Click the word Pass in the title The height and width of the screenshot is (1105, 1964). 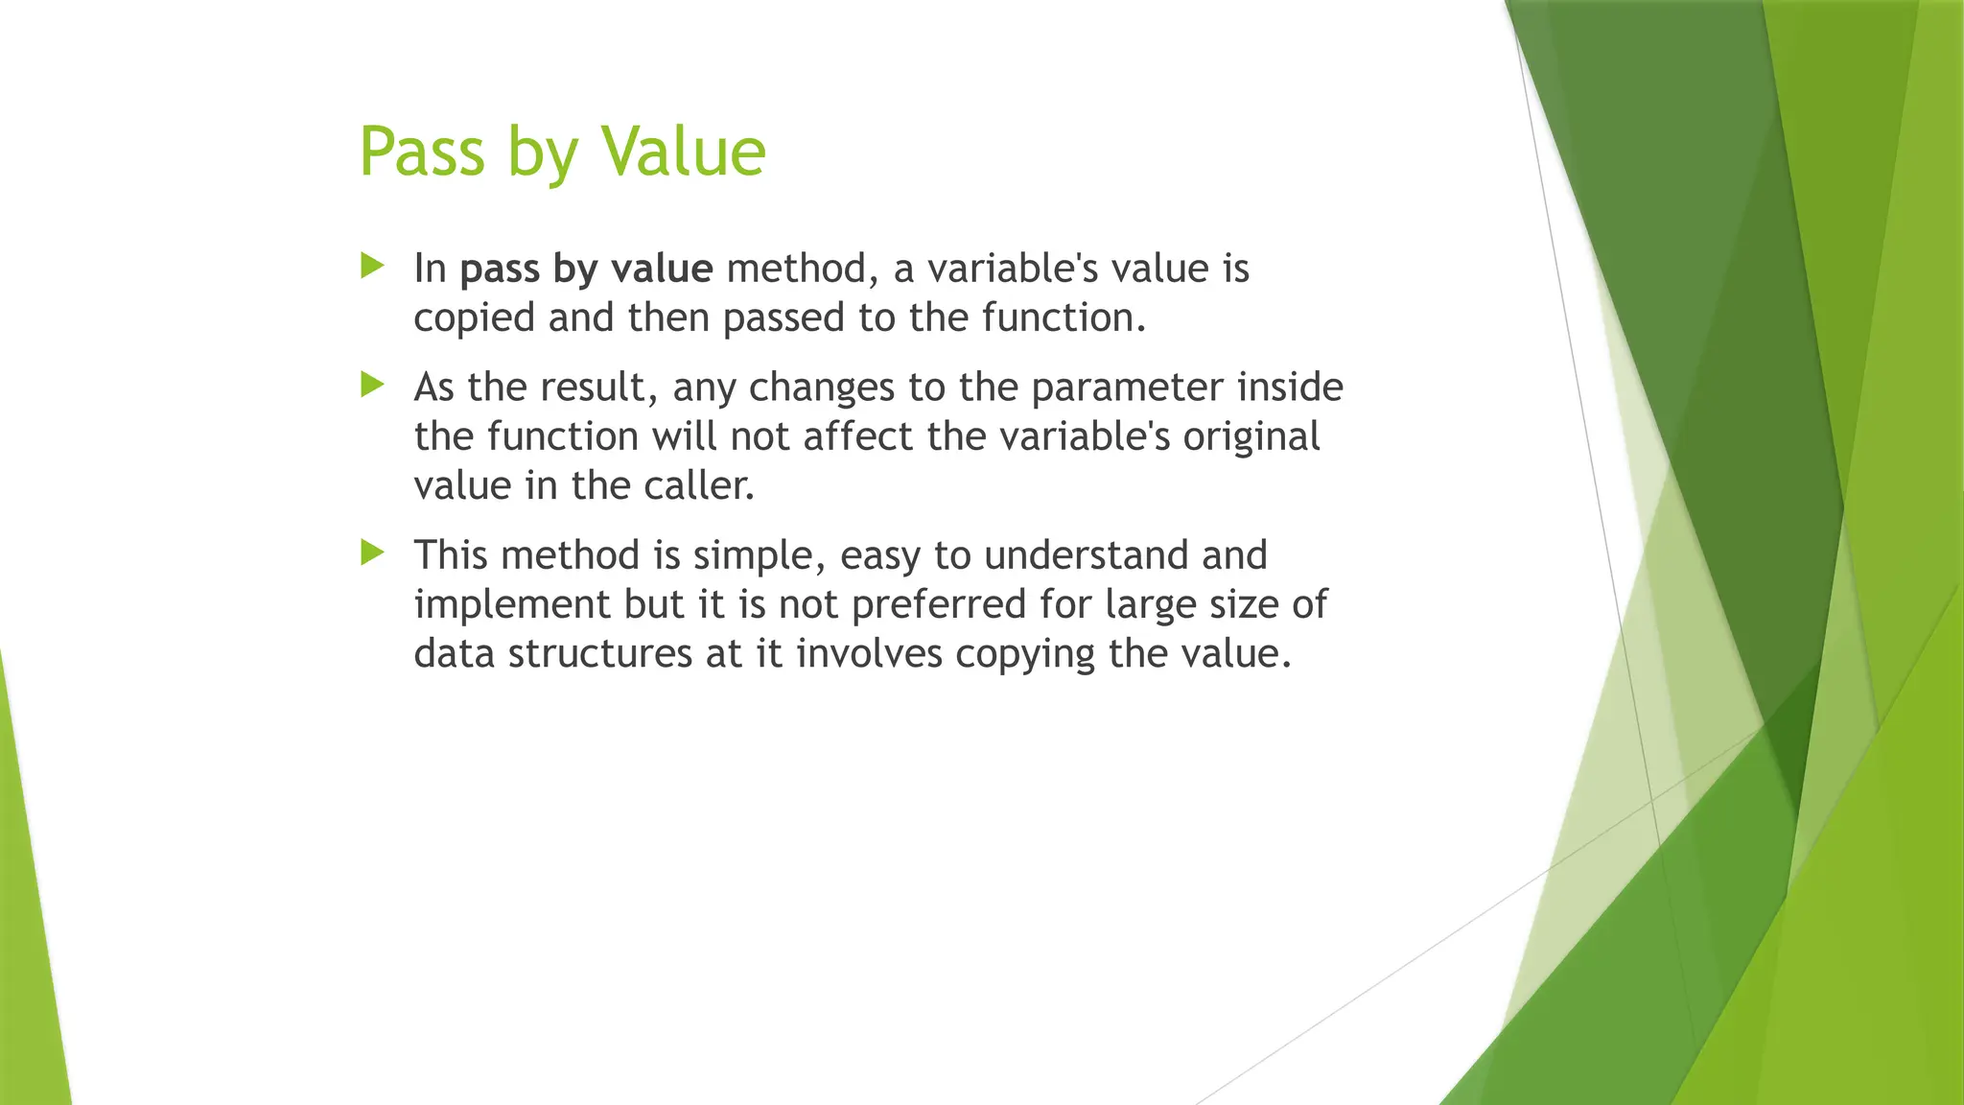pos(422,152)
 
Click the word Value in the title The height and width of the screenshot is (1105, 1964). pos(683,152)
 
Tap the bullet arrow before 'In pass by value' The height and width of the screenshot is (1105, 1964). pos(372,266)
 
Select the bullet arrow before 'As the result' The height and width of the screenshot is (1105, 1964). pos(372,386)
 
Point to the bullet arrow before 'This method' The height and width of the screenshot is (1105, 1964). pos(372,552)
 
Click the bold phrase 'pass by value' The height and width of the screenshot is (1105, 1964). pos(586,269)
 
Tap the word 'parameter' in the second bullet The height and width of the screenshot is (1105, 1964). pos(1127,388)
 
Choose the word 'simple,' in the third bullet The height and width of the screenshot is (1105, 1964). pos(760,555)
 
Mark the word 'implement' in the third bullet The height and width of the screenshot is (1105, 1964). pos(512,605)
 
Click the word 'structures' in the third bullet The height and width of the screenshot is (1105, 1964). pos(600,654)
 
